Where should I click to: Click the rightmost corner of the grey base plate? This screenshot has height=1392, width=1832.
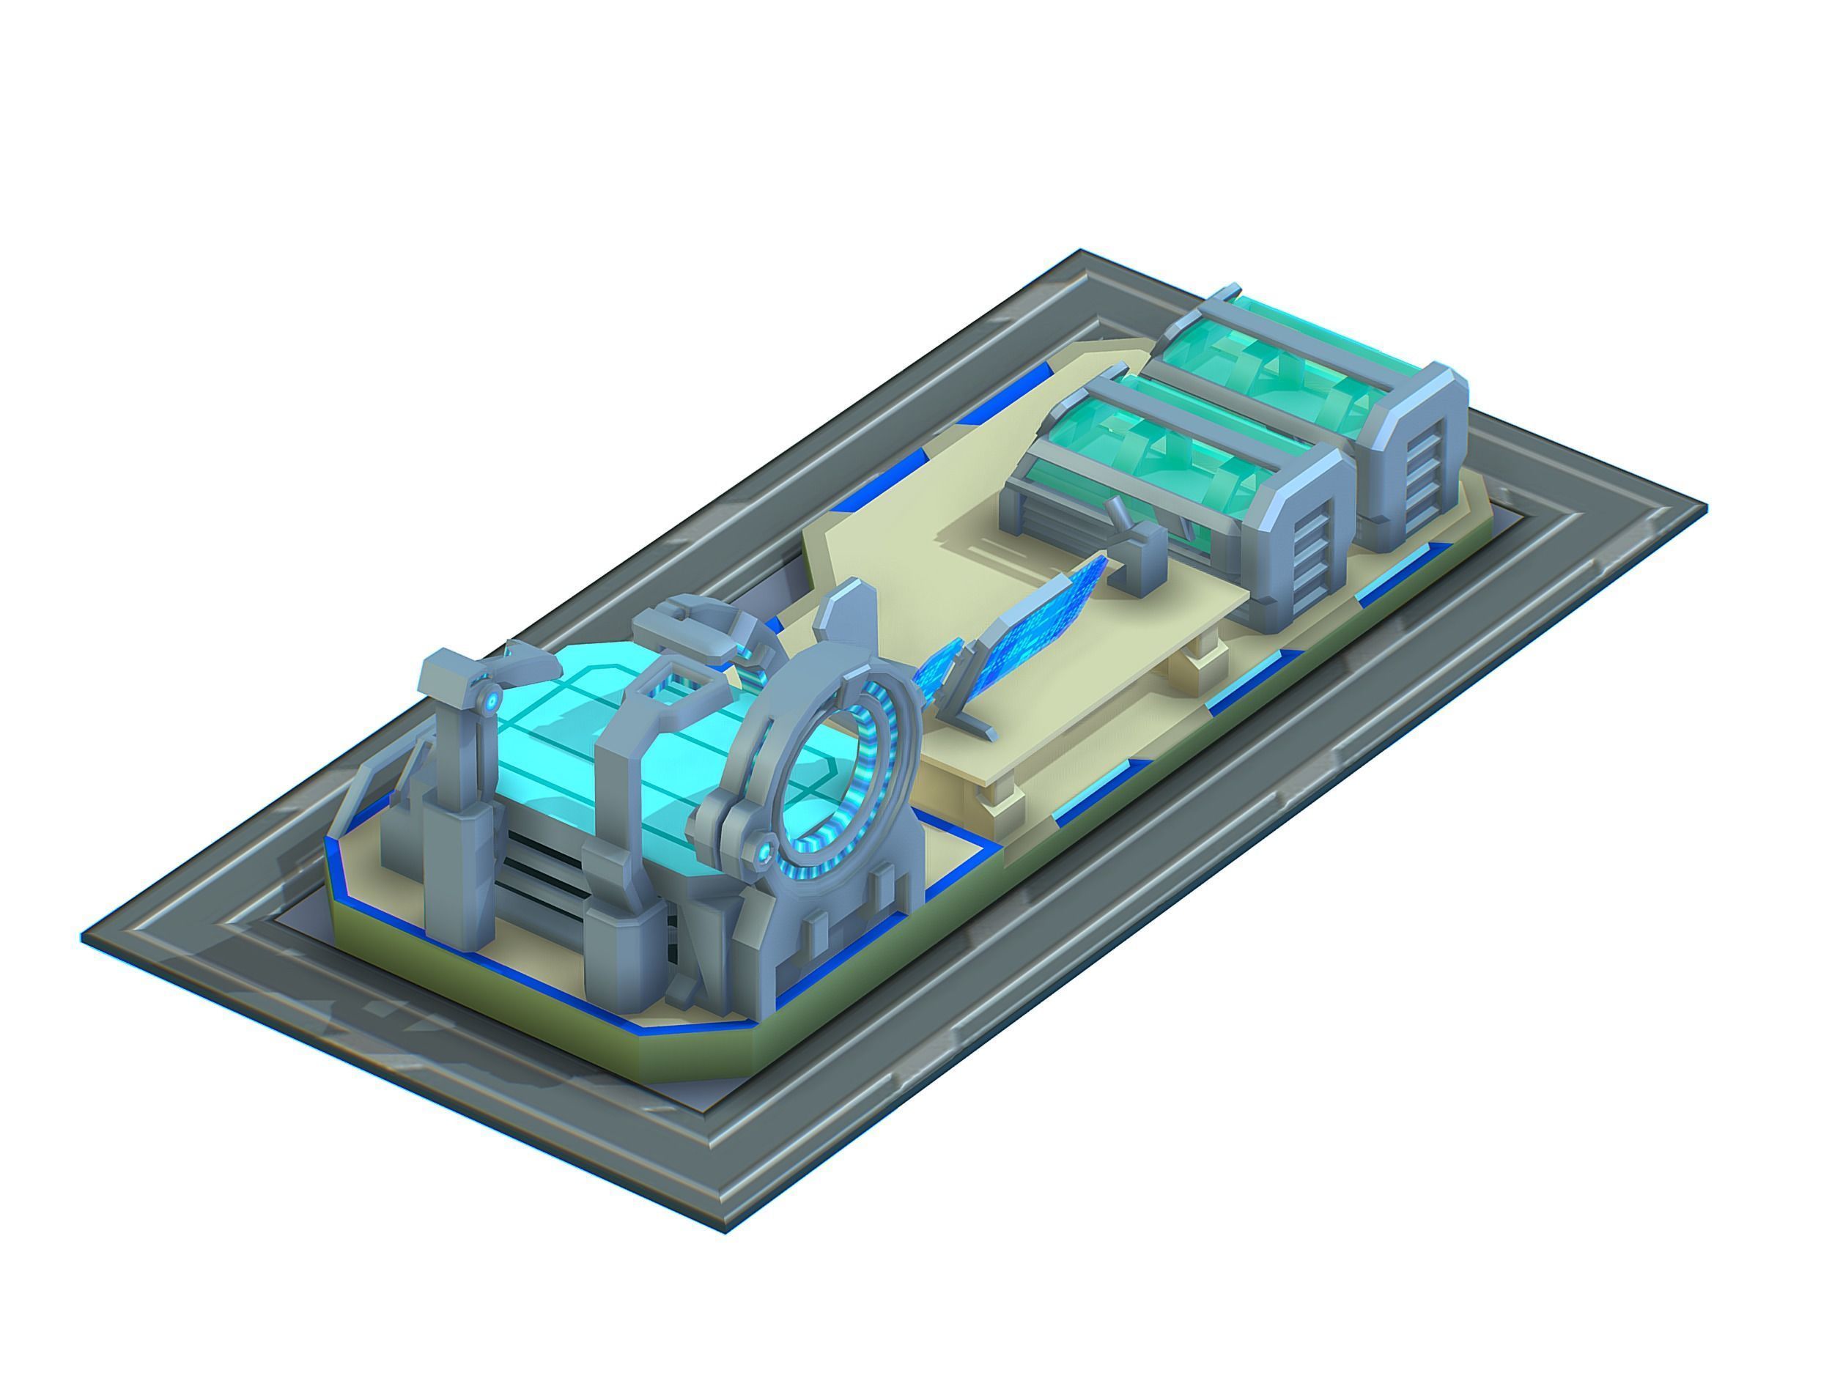click(1705, 507)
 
